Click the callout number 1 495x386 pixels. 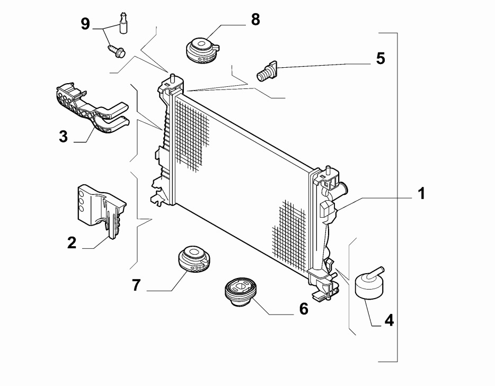[x=421, y=194]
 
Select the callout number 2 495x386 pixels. [x=72, y=243]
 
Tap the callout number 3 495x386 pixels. [x=63, y=137]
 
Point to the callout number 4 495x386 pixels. [x=388, y=320]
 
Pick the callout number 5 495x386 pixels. [x=380, y=58]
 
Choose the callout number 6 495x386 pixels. [x=303, y=309]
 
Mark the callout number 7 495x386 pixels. [x=136, y=285]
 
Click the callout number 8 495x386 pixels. [x=255, y=20]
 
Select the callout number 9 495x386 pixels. [x=85, y=23]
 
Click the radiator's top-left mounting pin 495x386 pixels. [x=172, y=75]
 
